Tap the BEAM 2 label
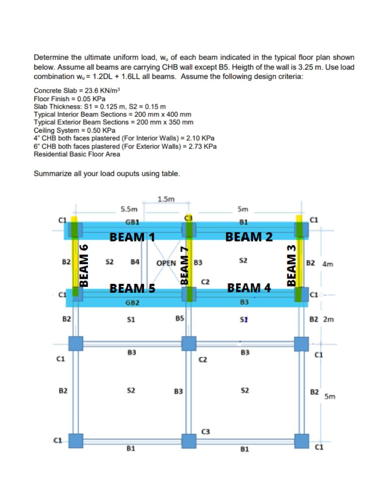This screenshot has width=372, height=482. pos(249,236)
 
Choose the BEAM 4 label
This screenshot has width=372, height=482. pos(249,288)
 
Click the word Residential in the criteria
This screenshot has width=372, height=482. pos(49,154)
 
